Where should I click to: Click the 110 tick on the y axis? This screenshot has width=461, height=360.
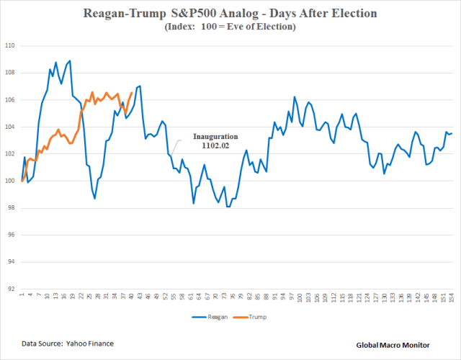tap(10, 45)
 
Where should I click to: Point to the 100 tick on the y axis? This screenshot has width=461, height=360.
tap(10, 181)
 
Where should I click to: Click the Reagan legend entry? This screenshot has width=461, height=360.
tap(213, 316)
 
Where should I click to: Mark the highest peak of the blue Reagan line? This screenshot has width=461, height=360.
tap(70, 60)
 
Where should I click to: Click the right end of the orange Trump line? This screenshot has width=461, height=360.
tap(131, 92)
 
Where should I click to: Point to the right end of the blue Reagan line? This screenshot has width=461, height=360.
tap(452, 133)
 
